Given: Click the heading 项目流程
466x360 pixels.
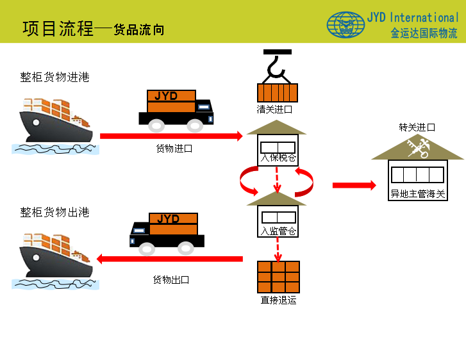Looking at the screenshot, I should point(58,28).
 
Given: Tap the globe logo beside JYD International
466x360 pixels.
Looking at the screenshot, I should point(345,25).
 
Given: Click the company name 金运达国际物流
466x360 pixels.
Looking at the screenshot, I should point(424,33).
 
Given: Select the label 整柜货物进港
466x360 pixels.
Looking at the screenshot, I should point(54,78).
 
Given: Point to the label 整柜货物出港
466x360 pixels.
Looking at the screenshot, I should point(54,213).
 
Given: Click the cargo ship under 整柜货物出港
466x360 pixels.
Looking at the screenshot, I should point(54,259).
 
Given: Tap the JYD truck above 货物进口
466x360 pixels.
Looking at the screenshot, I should point(176,108).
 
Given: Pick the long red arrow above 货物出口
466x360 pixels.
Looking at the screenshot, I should point(170,259).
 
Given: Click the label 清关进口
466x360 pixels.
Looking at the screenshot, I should point(274,110).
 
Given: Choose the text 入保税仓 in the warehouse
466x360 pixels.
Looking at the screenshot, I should point(278,158).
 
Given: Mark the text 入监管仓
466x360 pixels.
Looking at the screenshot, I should point(278,231).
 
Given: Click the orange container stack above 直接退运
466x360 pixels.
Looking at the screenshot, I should point(278,277).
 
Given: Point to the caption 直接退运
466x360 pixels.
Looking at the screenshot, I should point(278,300).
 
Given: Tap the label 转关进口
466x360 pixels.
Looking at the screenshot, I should point(417,127).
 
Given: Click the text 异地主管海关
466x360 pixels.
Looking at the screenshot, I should point(417,193).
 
